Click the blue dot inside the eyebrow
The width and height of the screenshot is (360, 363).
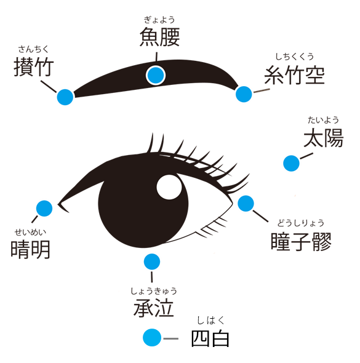[156, 75]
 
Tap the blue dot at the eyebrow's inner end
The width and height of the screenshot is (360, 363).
[65, 97]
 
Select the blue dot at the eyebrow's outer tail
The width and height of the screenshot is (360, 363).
[244, 94]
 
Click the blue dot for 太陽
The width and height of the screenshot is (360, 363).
[291, 163]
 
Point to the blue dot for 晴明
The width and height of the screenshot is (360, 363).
[44, 209]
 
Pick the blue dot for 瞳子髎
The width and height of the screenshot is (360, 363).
[246, 203]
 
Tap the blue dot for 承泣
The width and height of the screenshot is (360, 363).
[152, 261]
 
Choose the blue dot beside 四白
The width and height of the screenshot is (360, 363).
[152, 337]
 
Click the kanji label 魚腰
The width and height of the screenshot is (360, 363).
[160, 37]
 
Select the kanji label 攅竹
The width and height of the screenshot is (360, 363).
[34, 66]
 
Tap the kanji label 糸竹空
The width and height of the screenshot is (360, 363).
[295, 74]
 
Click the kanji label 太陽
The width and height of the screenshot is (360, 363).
[324, 138]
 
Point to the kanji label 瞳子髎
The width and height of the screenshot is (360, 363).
[301, 241]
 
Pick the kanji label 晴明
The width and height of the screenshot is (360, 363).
[31, 249]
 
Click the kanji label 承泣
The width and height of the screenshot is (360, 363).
[153, 308]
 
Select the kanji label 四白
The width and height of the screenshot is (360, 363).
[210, 338]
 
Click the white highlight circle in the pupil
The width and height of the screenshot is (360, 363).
[169, 187]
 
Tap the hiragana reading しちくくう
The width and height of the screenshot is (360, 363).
[295, 57]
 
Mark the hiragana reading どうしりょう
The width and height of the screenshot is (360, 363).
[301, 223]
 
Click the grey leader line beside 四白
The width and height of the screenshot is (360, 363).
[171, 338]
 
